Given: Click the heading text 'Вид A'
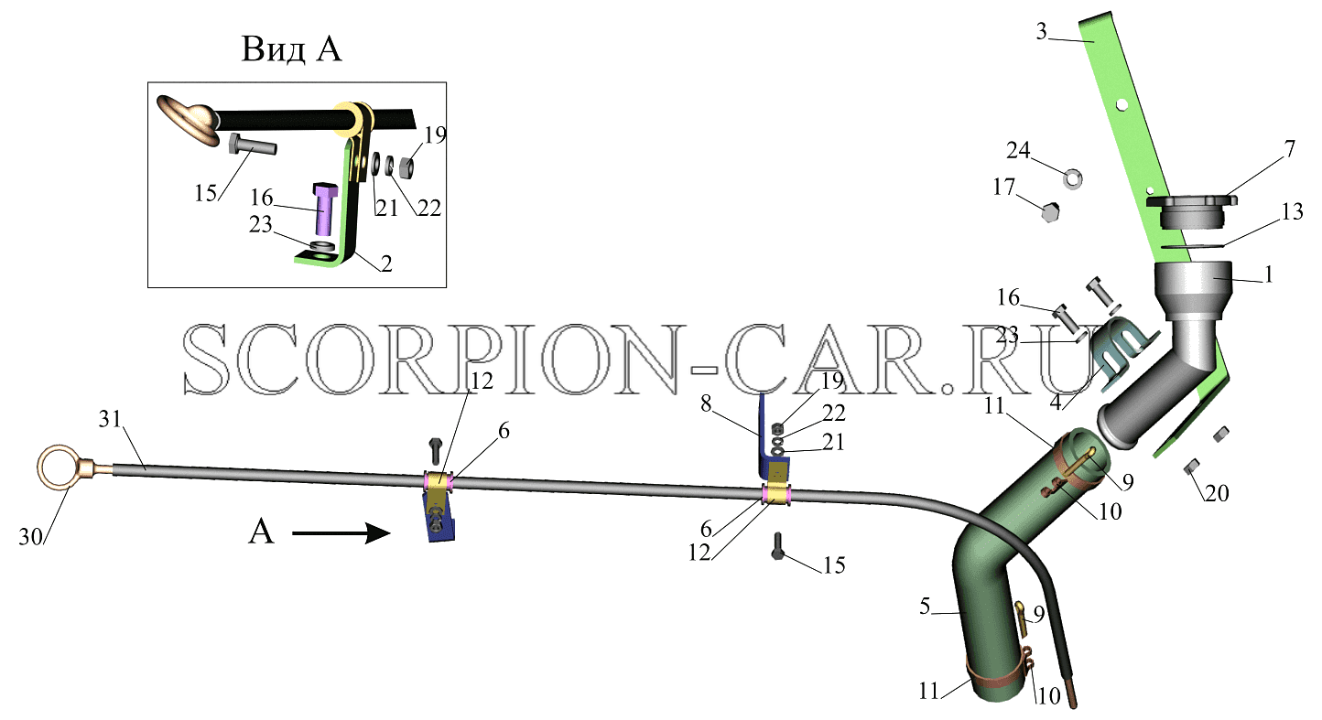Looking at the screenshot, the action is pyautogui.click(x=291, y=48).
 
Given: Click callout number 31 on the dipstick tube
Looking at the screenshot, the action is pyautogui.click(x=110, y=419).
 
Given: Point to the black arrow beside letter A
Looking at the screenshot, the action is pyautogui.click(x=341, y=533).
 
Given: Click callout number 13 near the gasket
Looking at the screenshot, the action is pyautogui.click(x=1293, y=211).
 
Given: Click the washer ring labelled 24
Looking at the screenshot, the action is pyautogui.click(x=1072, y=178).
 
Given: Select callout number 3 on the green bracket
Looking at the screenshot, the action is pyautogui.click(x=1042, y=31).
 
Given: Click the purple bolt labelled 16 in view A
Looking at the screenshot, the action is pyautogui.click(x=324, y=208).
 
